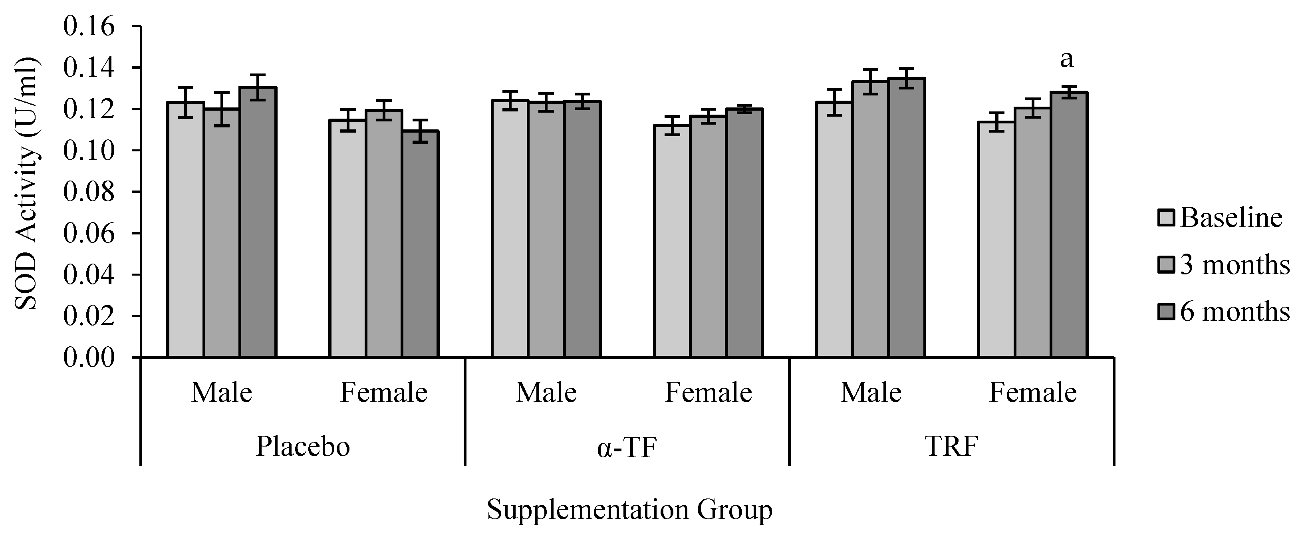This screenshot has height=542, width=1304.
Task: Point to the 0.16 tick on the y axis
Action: click(89, 26)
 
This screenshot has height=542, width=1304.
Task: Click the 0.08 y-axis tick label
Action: click(89, 192)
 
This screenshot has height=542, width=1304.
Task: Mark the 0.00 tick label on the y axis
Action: click(89, 357)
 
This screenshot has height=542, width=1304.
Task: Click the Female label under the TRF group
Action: click(1033, 393)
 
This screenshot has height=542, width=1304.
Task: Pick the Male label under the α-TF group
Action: click(546, 393)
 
